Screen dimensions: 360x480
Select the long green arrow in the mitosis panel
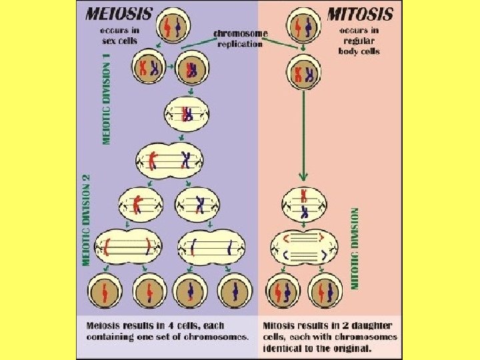[x=303, y=133]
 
